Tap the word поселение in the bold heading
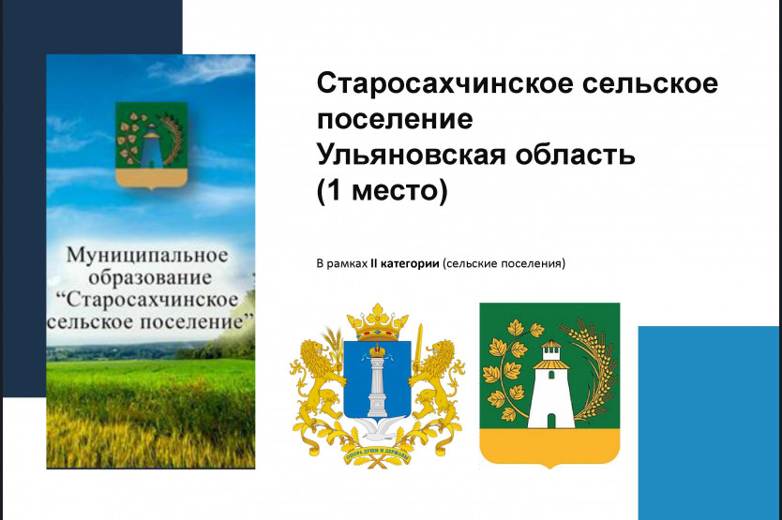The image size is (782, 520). pyautogui.click(x=395, y=119)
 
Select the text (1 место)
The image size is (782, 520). pyautogui.click(x=382, y=191)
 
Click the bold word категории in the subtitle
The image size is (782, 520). pyautogui.click(x=410, y=263)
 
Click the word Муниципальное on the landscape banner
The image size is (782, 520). pyautogui.click(x=147, y=255)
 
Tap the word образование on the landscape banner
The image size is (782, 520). pyautogui.click(x=150, y=277)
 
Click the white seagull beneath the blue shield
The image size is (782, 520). pyautogui.click(x=378, y=430)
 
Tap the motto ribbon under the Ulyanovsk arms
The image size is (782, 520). pyautogui.click(x=378, y=454)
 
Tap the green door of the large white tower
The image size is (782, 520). pyautogui.click(x=550, y=422)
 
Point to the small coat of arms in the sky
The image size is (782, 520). pyautogui.click(x=151, y=146)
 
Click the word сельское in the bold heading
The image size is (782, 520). pyautogui.click(x=650, y=83)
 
